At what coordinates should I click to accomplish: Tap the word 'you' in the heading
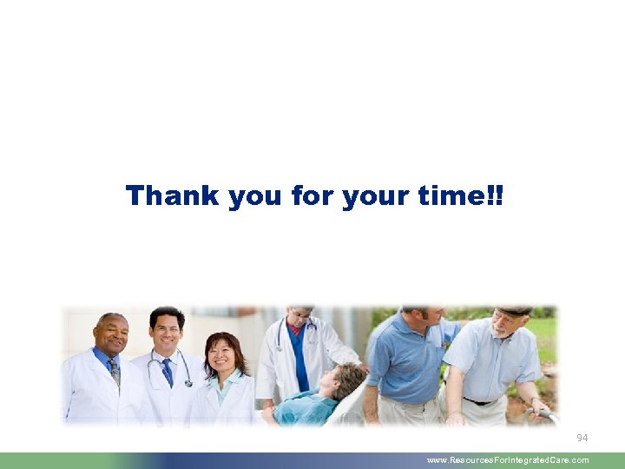click(256, 197)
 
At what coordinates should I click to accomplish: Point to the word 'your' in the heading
click(374, 197)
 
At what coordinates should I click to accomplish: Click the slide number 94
click(582, 438)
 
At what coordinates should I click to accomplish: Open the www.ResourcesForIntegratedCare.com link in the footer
click(508, 460)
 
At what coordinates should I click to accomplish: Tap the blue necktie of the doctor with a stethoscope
click(168, 372)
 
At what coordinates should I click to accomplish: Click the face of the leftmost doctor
click(112, 334)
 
